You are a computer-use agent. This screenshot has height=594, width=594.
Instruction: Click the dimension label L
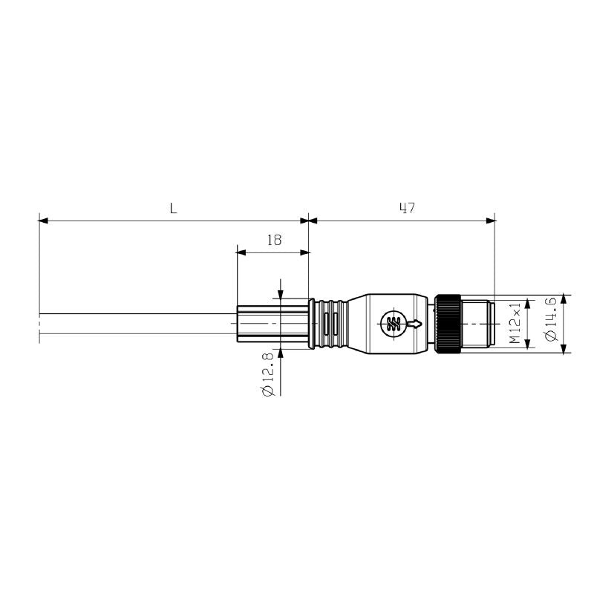tap(173, 209)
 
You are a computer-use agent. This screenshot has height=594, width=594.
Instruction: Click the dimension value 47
tap(405, 209)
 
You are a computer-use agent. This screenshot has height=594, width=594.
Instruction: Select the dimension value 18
tap(273, 240)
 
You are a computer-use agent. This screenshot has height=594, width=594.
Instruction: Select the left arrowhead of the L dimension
tap(43, 221)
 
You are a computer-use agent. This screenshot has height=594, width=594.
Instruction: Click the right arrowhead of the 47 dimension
tap(490, 221)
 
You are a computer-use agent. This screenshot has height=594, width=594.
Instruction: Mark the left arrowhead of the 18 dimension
tap(241, 252)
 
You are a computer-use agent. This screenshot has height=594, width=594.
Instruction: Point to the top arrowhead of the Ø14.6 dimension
tap(564, 299)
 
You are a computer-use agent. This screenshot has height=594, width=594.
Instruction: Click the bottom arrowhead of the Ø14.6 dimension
tap(564, 350)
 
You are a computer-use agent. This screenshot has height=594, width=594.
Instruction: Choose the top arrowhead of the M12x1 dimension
tap(528, 303)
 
